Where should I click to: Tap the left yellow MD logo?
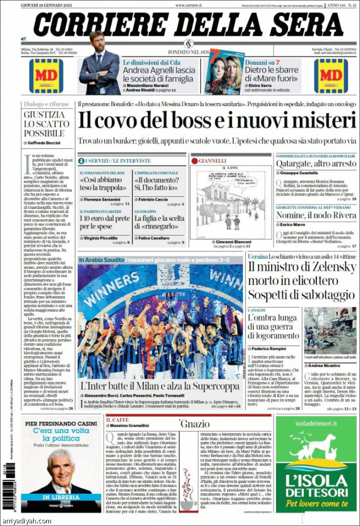[46, 76]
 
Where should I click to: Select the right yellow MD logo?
[331, 76]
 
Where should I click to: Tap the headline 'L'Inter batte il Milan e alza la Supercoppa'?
[160, 386]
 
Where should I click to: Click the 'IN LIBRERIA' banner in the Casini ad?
[60, 497]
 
